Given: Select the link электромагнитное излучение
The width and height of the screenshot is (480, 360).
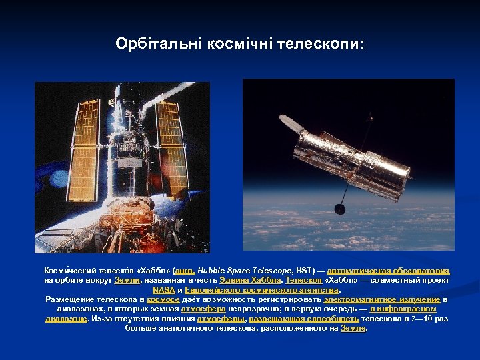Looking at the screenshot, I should tap(381, 299).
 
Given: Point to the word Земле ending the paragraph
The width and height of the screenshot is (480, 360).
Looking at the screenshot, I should tap(353, 328).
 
